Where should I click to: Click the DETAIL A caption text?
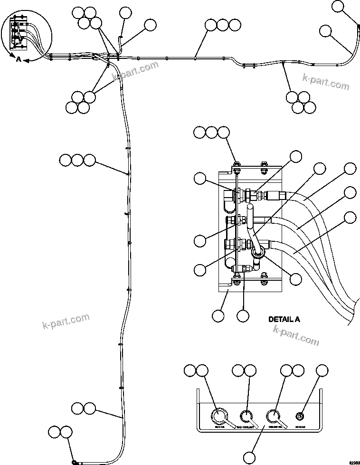[284, 319]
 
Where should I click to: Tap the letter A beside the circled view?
[19, 59]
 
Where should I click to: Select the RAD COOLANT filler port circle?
[246, 416]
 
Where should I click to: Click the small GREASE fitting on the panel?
[300, 417]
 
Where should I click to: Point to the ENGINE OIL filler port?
[273, 416]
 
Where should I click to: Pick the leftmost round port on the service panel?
[219, 417]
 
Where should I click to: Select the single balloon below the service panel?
[250, 457]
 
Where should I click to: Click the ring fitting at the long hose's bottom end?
[75, 462]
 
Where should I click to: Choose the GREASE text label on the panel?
[300, 427]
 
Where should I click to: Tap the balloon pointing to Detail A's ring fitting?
[295, 278]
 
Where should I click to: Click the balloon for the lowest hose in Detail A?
[350, 218]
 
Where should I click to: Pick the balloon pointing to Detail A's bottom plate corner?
[218, 316]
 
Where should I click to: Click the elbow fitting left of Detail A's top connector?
[227, 200]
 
